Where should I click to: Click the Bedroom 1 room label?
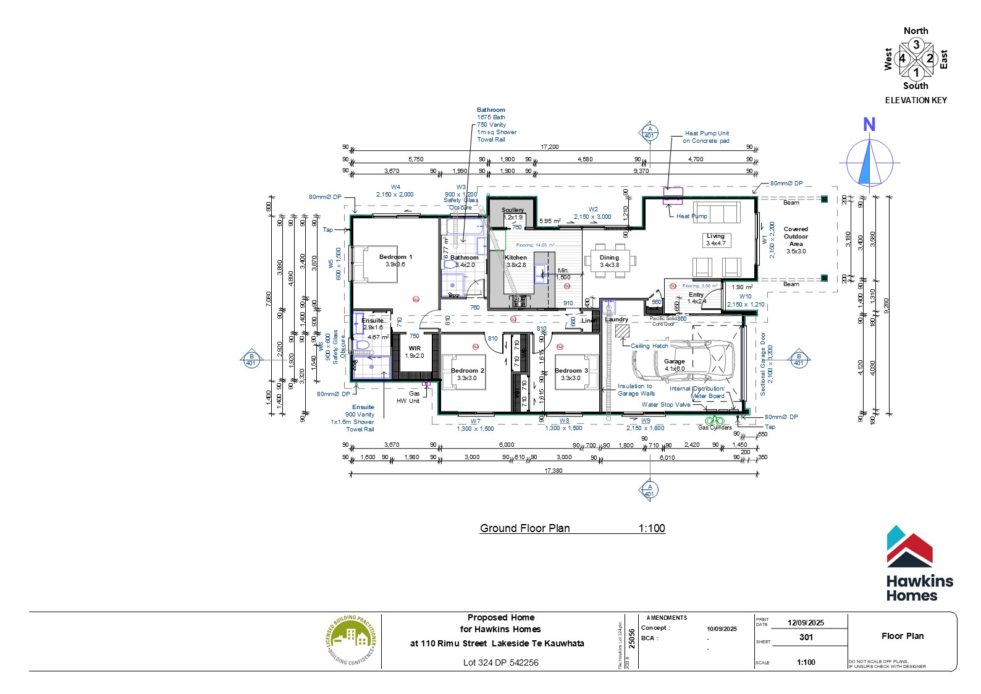(x=395, y=257)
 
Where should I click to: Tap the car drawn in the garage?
(x=683, y=362)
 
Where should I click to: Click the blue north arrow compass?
(x=869, y=163)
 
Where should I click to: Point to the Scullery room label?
(x=513, y=210)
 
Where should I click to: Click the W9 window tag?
(x=645, y=421)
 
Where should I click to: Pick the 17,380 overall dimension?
(x=553, y=471)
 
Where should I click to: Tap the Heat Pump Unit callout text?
(x=706, y=137)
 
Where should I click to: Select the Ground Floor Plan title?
(x=524, y=528)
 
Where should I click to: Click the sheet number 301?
(x=806, y=637)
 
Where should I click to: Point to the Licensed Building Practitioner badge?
(x=352, y=640)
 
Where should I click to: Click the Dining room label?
(x=609, y=258)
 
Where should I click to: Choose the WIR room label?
(x=415, y=349)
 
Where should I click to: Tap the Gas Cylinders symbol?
(x=715, y=421)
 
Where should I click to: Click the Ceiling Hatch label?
(x=649, y=346)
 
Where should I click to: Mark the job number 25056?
(x=631, y=640)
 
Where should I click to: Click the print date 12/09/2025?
(x=806, y=623)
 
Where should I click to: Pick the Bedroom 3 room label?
(x=571, y=371)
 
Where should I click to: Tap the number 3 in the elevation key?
(x=916, y=44)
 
